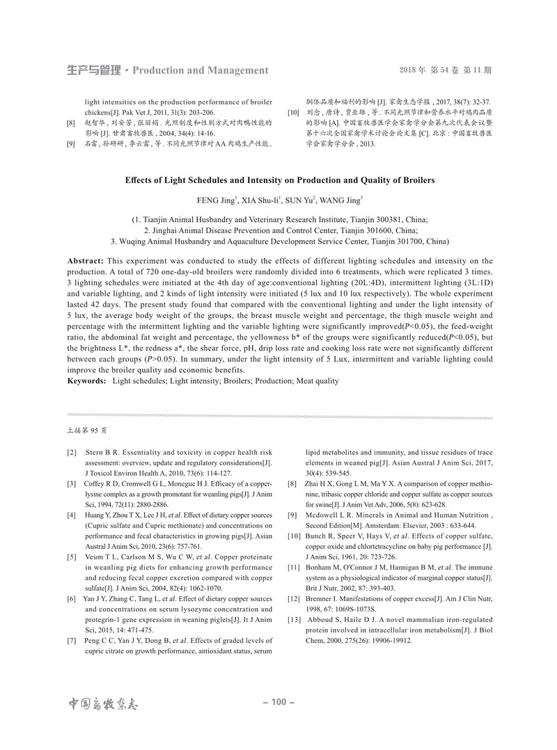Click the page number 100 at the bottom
pyautogui.click(x=278, y=703)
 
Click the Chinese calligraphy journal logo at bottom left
pyautogui.click(x=103, y=703)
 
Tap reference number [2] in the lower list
pyautogui.click(x=72, y=453)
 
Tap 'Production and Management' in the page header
pyautogui.click(x=200, y=70)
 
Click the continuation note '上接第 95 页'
pyautogui.click(x=87, y=431)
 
